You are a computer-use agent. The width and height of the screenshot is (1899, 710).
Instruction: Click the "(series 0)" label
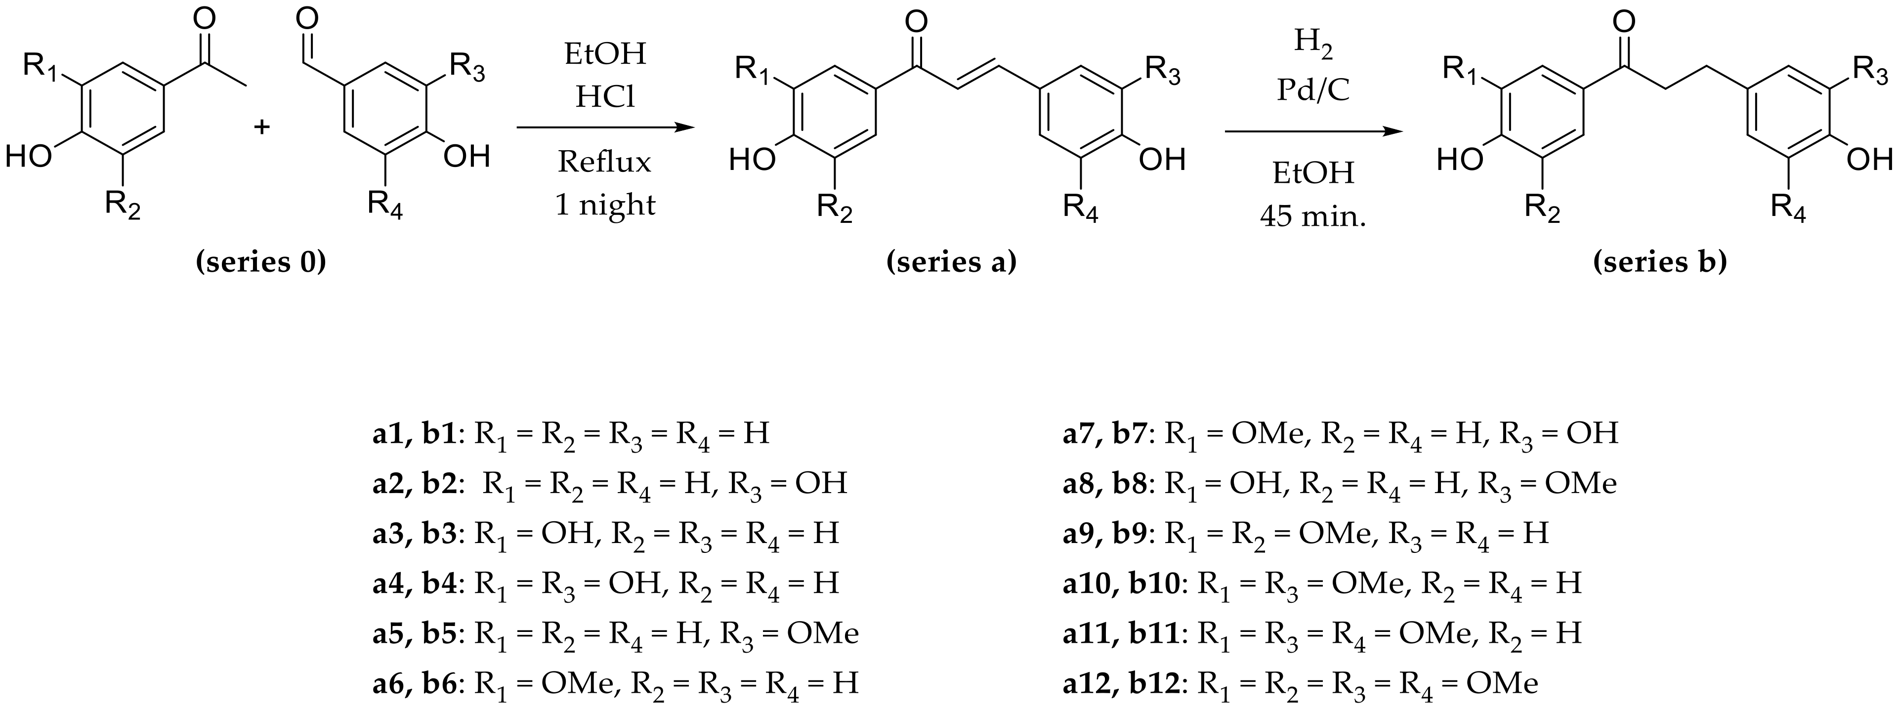[261, 262]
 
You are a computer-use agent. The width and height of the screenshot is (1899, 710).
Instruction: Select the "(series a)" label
[951, 262]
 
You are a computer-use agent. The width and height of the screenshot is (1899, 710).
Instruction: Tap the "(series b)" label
[1659, 262]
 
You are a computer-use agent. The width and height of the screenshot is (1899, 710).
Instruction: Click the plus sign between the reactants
[262, 127]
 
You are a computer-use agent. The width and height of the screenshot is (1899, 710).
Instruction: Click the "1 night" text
[604, 204]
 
